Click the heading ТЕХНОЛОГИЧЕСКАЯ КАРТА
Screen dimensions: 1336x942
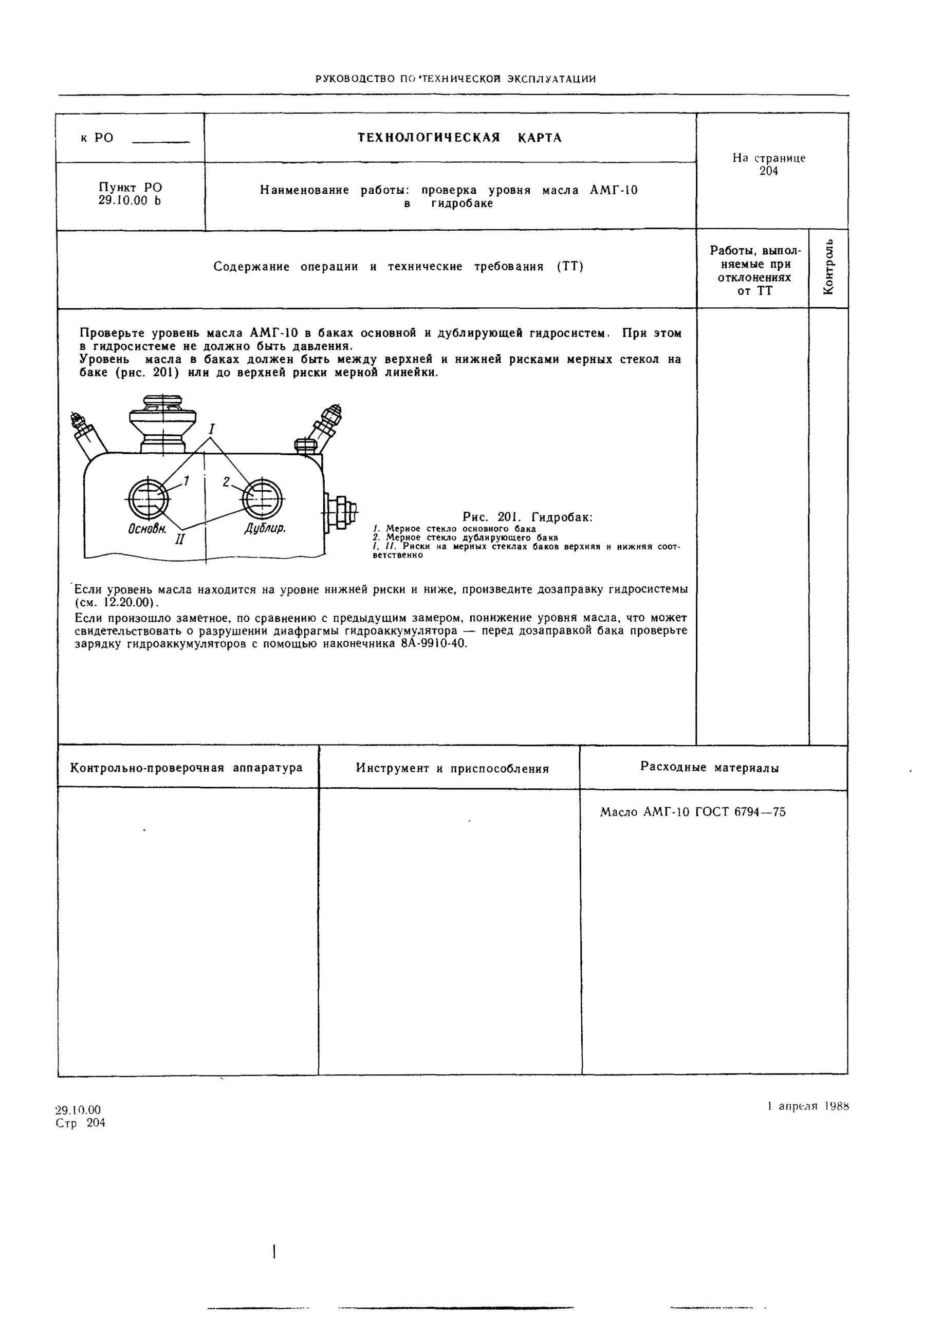click(459, 138)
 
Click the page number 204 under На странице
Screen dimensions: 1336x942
click(769, 171)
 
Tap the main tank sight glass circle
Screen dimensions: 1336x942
click(149, 498)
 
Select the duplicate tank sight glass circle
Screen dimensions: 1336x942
click(262, 498)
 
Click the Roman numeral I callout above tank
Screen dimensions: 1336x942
click(212, 430)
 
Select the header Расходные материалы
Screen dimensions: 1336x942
click(709, 767)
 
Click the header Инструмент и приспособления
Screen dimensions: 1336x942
click(452, 769)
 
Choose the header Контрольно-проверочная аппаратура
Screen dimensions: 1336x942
click(186, 768)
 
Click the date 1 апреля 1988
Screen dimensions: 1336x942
click(808, 1106)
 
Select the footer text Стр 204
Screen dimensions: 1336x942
click(80, 1122)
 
